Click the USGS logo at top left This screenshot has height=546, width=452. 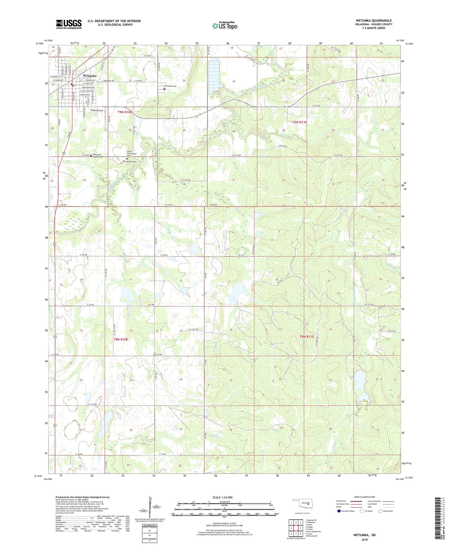pyautogui.click(x=69, y=24)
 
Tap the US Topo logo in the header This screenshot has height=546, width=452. pyautogui.click(x=225, y=25)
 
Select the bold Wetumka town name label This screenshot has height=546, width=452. pyautogui.click(x=90, y=76)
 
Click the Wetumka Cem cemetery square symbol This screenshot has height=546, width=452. pyautogui.click(x=164, y=89)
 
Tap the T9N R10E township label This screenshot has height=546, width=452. pyautogui.click(x=125, y=112)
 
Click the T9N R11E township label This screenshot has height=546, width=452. pyautogui.click(x=300, y=122)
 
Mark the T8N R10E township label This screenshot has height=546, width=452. pyautogui.click(x=121, y=339)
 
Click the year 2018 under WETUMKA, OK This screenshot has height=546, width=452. pyautogui.click(x=364, y=539)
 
